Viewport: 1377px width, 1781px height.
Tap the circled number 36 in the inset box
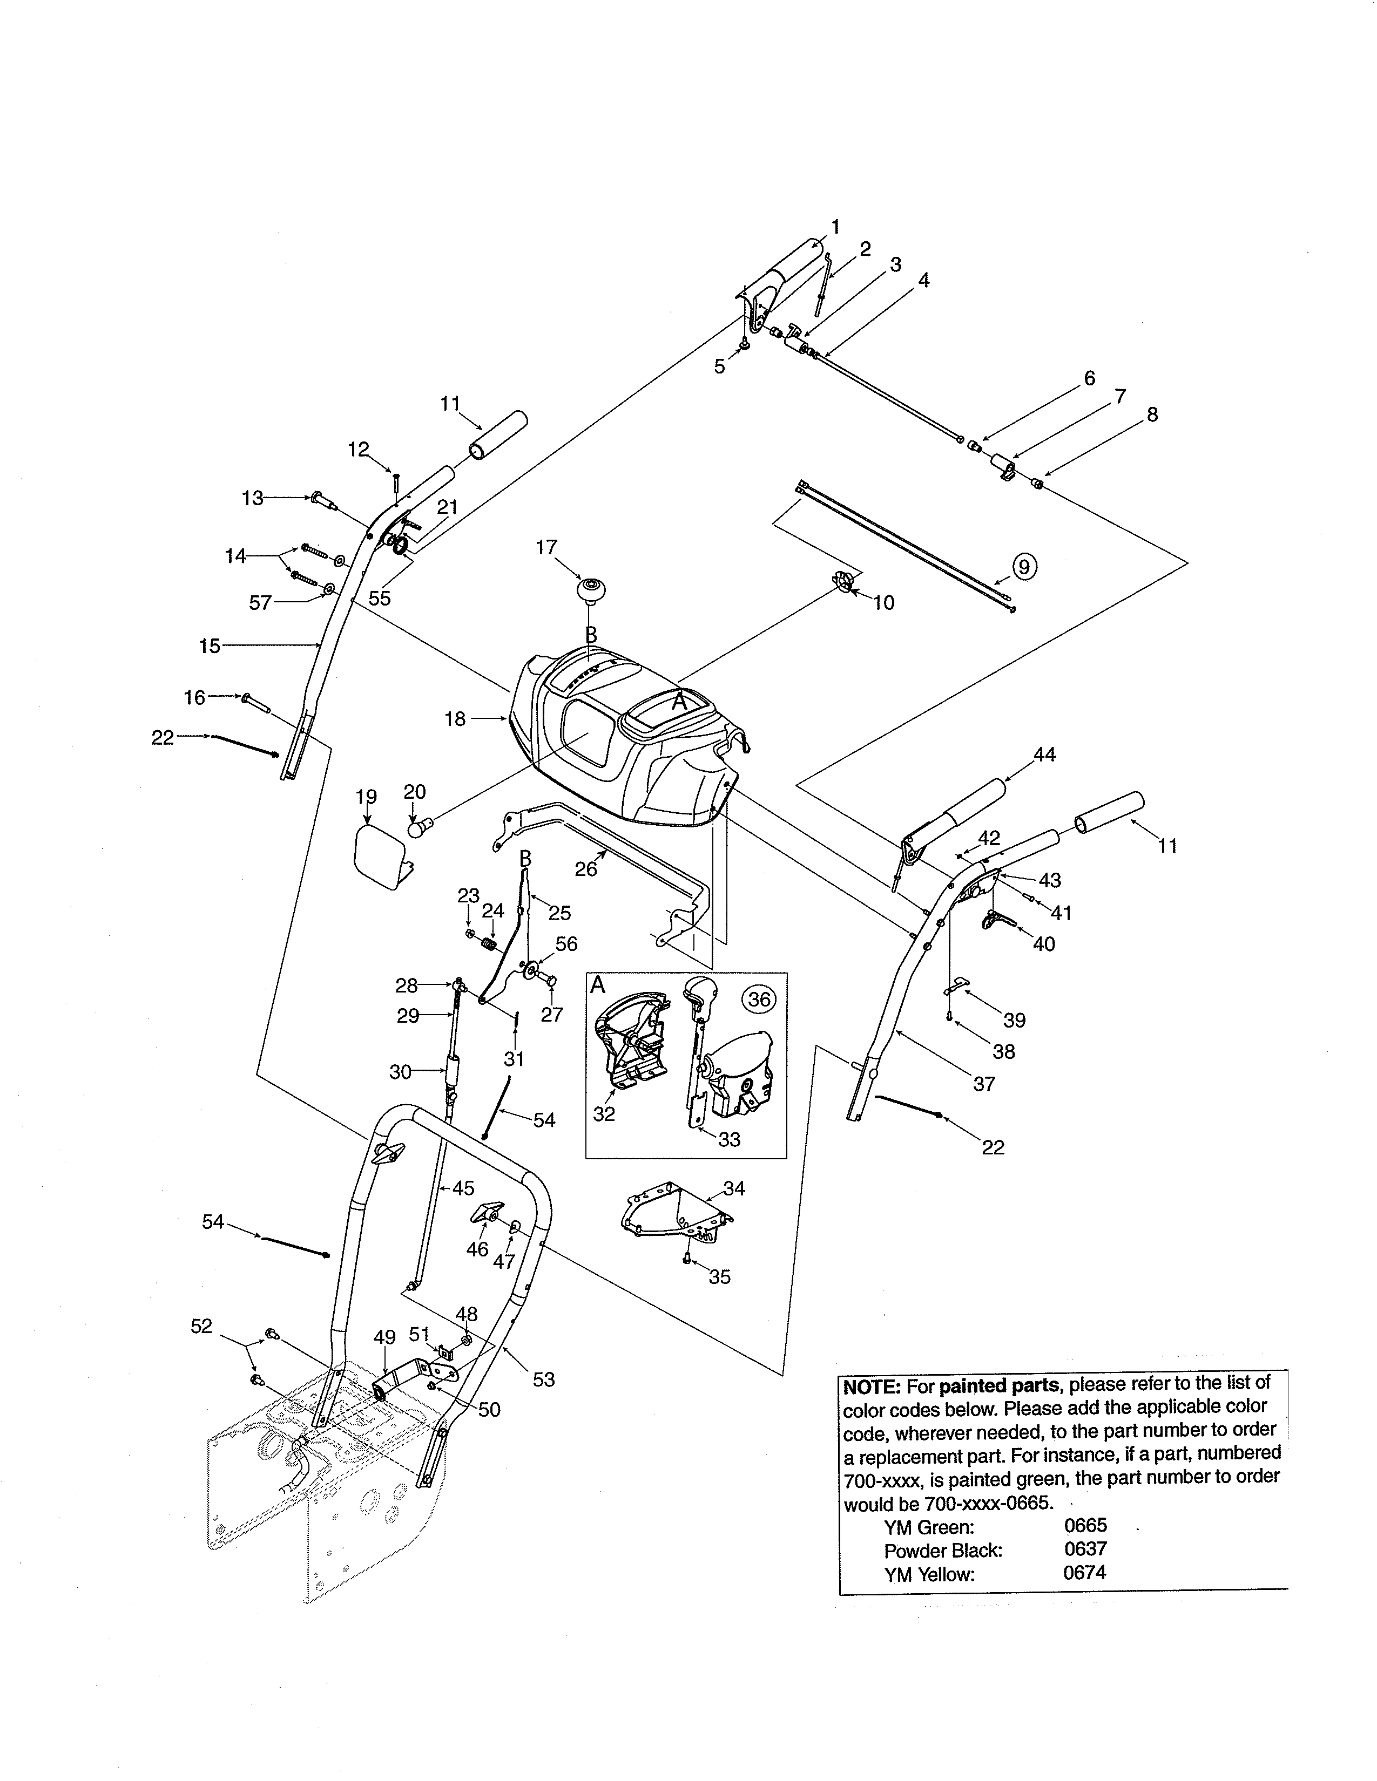(x=759, y=999)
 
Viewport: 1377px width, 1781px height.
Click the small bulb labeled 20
(x=418, y=830)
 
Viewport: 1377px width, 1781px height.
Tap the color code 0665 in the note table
(x=1085, y=1526)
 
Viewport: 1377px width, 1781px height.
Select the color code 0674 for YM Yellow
(x=1084, y=1572)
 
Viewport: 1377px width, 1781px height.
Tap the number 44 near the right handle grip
(x=1044, y=754)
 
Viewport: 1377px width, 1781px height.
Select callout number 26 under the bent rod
(x=586, y=869)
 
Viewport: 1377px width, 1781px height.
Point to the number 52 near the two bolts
(x=201, y=1327)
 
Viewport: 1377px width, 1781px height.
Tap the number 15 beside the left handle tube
(x=210, y=646)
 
